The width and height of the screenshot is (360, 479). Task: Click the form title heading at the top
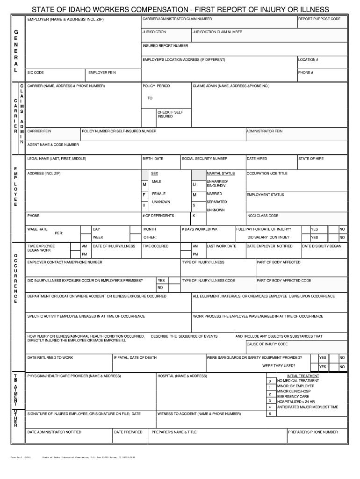pyautogui.click(x=180, y=9)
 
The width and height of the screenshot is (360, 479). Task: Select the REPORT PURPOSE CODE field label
pyautogui.click(x=319, y=19)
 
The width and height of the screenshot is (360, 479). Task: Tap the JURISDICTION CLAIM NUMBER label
pyautogui.click(x=217, y=32)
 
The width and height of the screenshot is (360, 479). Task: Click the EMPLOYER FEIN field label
pyautogui.click(x=102, y=73)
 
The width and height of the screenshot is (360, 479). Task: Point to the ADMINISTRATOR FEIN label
pyautogui.click(x=264, y=131)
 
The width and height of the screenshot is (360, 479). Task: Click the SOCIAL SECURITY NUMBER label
pyautogui.click(x=205, y=159)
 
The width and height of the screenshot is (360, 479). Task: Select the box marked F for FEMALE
pyautogui.click(x=144, y=195)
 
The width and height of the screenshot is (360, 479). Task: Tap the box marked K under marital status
pyautogui.click(x=194, y=216)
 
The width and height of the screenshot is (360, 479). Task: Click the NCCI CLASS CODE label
pyautogui.click(x=263, y=216)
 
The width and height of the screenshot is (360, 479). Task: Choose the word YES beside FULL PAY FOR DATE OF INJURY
pyautogui.click(x=315, y=229)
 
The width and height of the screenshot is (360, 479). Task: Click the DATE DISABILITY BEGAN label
pyautogui.click(x=321, y=246)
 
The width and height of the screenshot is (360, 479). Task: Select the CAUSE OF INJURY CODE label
pyautogui.click(x=267, y=344)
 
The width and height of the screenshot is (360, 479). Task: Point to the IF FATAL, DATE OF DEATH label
pyautogui.click(x=136, y=357)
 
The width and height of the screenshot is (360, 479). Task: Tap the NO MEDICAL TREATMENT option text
pyautogui.click(x=298, y=381)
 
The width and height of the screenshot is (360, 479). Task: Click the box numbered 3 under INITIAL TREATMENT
pyautogui.click(x=270, y=401)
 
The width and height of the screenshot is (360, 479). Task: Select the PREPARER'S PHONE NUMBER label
pyautogui.click(x=313, y=432)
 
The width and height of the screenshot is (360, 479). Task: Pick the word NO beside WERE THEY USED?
pyautogui.click(x=342, y=367)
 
